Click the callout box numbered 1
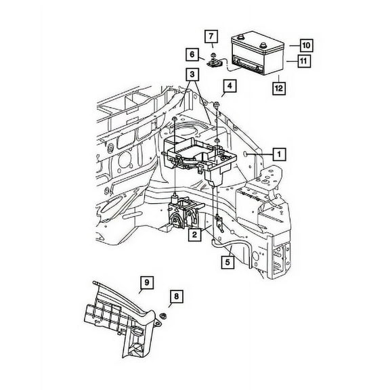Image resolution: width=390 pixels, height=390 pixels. (278, 154)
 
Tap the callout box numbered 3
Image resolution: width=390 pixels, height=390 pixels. (193, 75)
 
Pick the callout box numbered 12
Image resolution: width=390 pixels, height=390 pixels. (278, 87)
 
